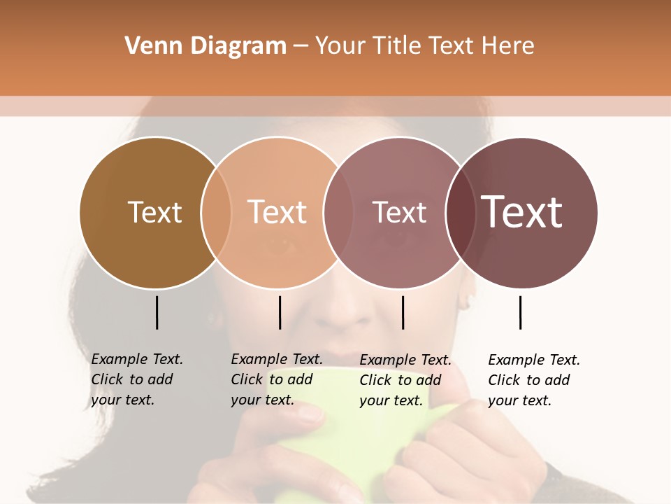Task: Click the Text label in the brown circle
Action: (x=154, y=212)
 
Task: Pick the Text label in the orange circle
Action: (x=277, y=212)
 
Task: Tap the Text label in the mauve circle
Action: (x=399, y=212)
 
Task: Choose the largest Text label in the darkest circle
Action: (x=521, y=212)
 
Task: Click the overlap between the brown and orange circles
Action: (x=216, y=212)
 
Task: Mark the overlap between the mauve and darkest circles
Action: (x=461, y=212)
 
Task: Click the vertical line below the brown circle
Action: (x=157, y=312)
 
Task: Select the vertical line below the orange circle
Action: (x=280, y=312)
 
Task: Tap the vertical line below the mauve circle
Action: (x=403, y=312)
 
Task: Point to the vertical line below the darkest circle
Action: (x=521, y=312)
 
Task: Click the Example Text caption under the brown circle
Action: (x=136, y=379)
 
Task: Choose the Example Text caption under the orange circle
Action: (x=276, y=379)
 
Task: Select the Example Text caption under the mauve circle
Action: (x=405, y=380)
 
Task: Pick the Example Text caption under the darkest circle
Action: (x=533, y=380)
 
